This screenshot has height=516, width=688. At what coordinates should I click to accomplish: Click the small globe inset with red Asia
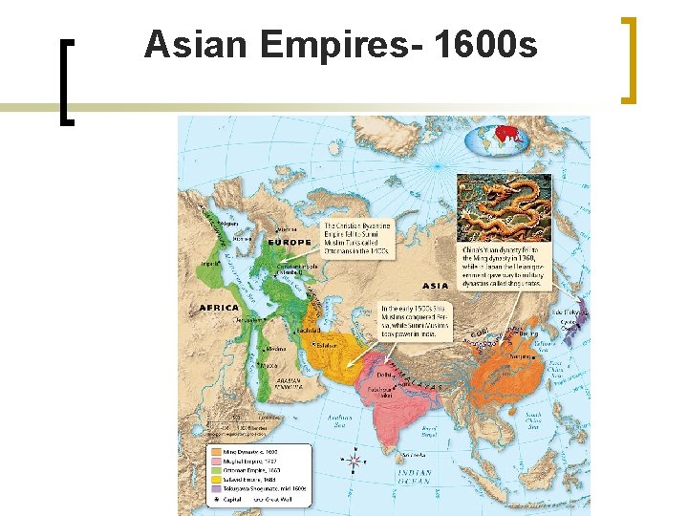(x=497, y=140)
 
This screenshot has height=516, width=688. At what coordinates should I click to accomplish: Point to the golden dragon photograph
(x=504, y=206)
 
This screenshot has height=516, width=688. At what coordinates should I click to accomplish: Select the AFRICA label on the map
(x=220, y=308)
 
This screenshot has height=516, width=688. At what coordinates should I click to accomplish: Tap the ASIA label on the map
(x=435, y=286)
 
